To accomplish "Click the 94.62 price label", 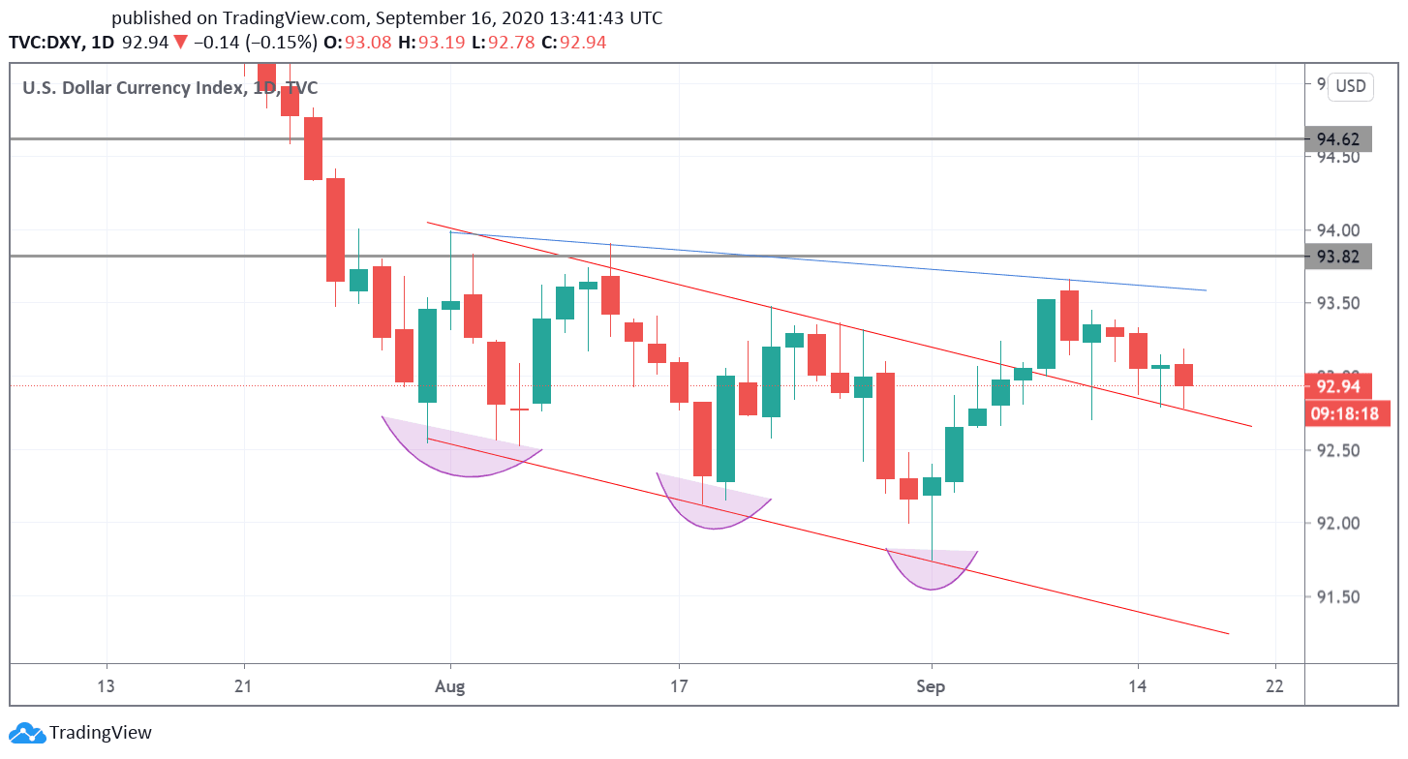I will pos(1337,138).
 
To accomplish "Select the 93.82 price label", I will pos(1337,257).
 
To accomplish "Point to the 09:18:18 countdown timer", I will pos(1344,413).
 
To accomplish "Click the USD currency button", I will pos(1350,86).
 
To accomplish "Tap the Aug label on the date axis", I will pos(450,687).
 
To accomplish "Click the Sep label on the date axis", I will pos(931,687).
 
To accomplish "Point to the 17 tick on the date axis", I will pos(680,687).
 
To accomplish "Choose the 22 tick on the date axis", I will pos(1274,687).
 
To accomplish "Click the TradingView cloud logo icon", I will pos(27,733).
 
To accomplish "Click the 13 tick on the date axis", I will pos(106,687).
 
